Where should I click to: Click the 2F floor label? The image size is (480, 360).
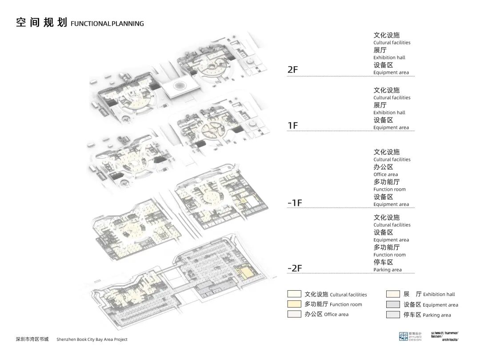coord(293,70)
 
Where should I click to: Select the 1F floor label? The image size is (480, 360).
coord(293,126)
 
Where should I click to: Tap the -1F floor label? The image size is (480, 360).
coord(295,203)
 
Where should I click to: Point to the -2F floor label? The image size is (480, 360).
coord(295,268)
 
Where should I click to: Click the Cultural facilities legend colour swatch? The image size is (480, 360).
coord(294,294)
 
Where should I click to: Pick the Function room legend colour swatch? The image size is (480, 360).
coord(294,304)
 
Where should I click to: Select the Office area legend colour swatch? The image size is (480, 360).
coord(294,314)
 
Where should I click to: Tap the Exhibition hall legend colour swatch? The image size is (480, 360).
coord(393,294)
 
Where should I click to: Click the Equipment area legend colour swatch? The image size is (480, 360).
coord(393,304)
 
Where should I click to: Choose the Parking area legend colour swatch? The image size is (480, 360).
coord(393,315)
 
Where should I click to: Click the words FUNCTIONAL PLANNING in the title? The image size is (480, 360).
coord(107,24)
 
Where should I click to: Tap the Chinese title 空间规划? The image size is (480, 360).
coord(41,22)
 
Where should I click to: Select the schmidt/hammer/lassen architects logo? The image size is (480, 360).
coord(444,336)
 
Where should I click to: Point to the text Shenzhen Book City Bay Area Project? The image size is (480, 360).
coord(92,340)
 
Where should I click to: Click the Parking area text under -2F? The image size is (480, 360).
coord(388,270)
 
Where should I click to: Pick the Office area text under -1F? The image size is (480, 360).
coord(386,175)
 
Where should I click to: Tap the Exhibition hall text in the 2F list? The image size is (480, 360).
coord(389,57)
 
